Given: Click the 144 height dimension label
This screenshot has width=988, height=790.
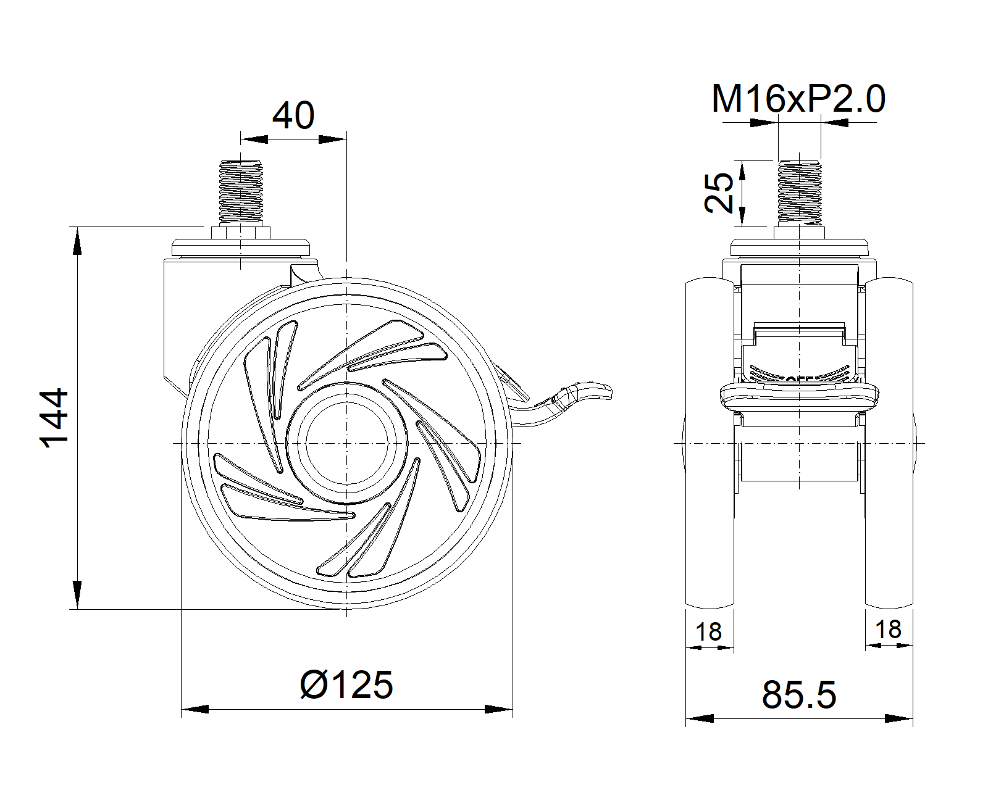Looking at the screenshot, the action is click(54, 417).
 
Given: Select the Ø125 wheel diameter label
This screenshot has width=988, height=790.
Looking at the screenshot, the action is click(346, 685).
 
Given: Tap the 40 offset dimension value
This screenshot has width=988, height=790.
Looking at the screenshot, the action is click(293, 115).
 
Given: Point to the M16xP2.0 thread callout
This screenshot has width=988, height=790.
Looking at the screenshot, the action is click(798, 99).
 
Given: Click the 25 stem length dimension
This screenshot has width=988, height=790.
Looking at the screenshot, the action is click(719, 193).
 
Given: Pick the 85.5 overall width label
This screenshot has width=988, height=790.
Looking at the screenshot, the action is click(799, 694).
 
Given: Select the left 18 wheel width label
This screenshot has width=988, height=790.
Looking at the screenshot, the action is click(709, 632).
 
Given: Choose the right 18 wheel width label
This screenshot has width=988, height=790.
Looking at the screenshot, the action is click(889, 630).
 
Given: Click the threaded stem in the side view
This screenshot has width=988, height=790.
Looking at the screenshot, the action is click(241, 191).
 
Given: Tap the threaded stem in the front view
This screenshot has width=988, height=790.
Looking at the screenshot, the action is click(799, 193).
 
